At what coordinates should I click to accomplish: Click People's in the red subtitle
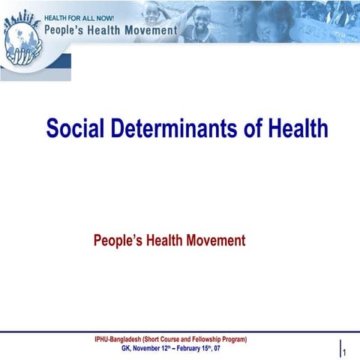click(x=118, y=241)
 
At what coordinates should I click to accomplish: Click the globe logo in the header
click(x=22, y=41)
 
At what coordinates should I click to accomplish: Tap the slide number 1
click(x=344, y=352)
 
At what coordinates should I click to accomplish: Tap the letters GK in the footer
click(x=125, y=349)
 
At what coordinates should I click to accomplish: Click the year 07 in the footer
click(x=216, y=349)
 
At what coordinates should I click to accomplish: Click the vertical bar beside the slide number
click(x=339, y=347)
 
